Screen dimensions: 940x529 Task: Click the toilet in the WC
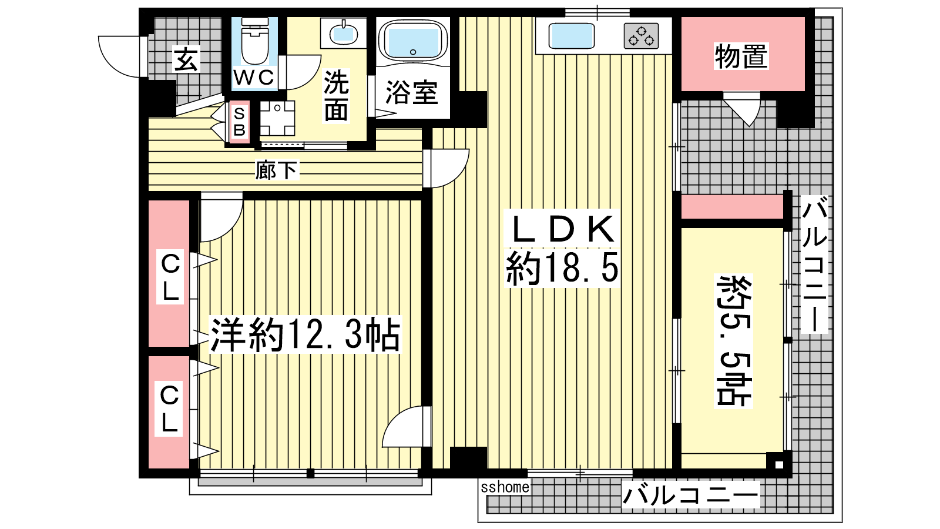(255, 41)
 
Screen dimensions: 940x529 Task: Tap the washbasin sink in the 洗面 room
(344, 34)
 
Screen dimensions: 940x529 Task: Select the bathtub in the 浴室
(413, 41)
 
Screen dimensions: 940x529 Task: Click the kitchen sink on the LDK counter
(571, 36)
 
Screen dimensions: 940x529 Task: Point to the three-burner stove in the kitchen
(641, 36)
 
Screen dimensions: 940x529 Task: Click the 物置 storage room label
(741, 56)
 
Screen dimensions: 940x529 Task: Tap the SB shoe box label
(239, 122)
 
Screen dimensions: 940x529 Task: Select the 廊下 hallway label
(277, 170)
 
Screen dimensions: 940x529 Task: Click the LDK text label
(562, 229)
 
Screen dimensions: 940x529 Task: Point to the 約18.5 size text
(562, 268)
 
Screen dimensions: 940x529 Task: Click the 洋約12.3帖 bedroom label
(305, 334)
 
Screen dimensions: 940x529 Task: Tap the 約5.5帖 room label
(734, 341)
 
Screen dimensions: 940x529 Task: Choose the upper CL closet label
(170, 276)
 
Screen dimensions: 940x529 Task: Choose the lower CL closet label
(170, 409)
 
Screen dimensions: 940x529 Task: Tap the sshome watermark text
(505, 487)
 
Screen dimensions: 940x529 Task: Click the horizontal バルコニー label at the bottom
(690, 495)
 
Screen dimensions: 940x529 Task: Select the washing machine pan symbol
(277, 118)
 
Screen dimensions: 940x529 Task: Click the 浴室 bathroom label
(412, 93)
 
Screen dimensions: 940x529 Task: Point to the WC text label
(254, 77)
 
